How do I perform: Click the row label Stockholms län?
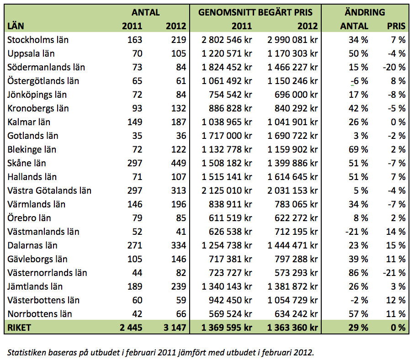pos(38,40)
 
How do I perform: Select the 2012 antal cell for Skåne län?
pos(179,163)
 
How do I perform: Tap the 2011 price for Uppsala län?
pos(227,53)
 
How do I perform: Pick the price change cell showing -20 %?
pos(394,67)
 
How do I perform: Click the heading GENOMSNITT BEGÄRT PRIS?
pos(255,12)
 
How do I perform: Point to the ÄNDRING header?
pos(365,12)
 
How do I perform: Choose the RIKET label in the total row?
pos(19,328)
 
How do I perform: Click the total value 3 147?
pos(175,328)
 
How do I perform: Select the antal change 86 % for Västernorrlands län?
pos(358,273)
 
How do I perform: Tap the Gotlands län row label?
pos(33,136)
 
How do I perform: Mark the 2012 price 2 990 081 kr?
pos(292,40)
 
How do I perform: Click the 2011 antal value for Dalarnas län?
pos(135,245)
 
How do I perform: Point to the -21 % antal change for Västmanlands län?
pos(357,232)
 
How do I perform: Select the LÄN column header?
pos(16,26)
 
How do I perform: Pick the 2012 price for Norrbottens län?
pos(296,314)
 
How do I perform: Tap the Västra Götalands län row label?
pos(49,191)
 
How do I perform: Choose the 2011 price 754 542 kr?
pos(230,95)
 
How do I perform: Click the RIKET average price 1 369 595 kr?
pos(227,328)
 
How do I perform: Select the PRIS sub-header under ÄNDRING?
pos(396,26)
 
